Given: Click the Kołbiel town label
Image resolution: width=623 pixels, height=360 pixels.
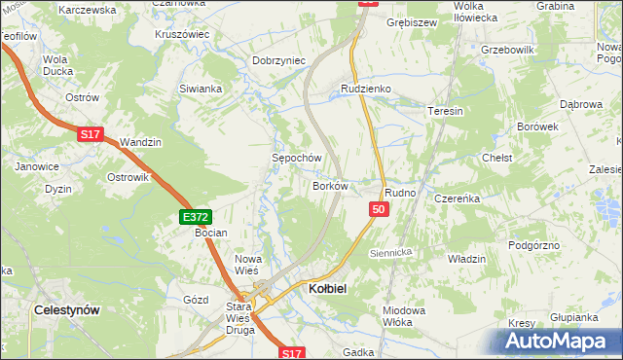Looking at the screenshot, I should click(x=326, y=289).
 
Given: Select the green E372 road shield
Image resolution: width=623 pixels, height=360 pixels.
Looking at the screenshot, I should click(x=194, y=218).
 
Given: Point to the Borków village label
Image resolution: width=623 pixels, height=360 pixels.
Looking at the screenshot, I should click(x=330, y=185).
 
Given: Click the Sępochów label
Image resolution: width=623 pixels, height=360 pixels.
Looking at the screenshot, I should click(x=296, y=157).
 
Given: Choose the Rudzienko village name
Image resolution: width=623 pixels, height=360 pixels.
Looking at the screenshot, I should click(x=365, y=89).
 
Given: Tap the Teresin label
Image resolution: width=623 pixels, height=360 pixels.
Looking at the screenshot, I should click(x=445, y=111).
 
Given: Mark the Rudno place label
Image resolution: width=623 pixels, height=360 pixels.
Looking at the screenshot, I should click(x=400, y=193).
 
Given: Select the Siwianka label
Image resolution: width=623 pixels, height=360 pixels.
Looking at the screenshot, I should click(x=201, y=89).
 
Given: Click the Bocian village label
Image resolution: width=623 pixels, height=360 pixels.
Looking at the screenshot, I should click(x=210, y=233).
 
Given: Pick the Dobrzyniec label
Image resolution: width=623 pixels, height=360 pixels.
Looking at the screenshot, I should click(x=279, y=60).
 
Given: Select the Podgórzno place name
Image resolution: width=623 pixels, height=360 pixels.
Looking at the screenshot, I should click(x=533, y=245).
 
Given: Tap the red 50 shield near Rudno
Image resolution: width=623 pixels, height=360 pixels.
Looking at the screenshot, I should click(x=380, y=209).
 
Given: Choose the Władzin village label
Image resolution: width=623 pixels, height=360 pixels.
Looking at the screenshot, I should click(x=466, y=259).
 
